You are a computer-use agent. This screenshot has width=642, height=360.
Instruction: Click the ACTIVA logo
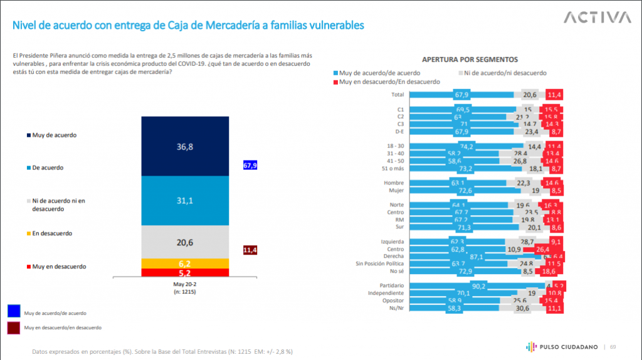click(x=596, y=17)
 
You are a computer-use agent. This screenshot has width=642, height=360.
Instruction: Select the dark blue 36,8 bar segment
click(x=182, y=146)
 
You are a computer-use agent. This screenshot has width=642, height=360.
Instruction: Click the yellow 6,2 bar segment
click(x=182, y=263)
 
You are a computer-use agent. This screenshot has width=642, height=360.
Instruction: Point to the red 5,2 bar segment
click(x=182, y=273)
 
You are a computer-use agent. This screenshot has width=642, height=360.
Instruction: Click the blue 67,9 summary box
click(x=250, y=166)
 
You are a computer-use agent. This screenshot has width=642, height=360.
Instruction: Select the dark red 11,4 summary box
click(x=250, y=250)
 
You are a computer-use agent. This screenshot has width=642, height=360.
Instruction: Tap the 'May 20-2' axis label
click(x=182, y=284)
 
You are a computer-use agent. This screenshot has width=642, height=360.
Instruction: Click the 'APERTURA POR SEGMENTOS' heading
click(x=470, y=60)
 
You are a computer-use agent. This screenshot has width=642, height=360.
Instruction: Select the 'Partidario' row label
click(x=391, y=285)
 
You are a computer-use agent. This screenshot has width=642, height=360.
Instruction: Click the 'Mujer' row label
click(x=395, y=190)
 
